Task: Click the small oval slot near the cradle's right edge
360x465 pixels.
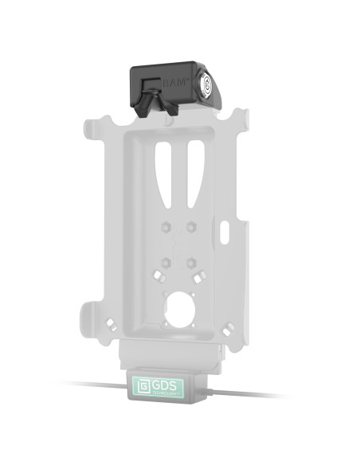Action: click(225, 234)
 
